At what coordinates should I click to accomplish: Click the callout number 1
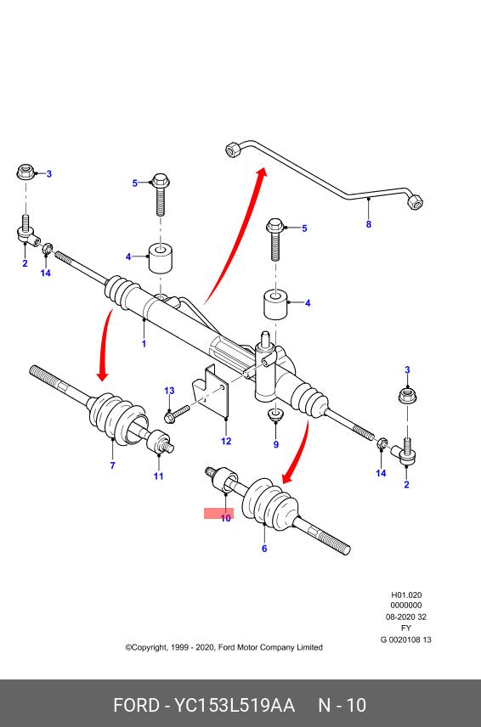[x=144, y=344]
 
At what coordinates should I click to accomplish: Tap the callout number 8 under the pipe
[x=369, y=224]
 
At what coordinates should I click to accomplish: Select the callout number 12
[x=226, y=441]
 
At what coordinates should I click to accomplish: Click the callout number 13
[x=169, y=391]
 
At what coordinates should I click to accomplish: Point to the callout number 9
[x=276, y=445]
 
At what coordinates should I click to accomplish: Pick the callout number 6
[x=264, y=549]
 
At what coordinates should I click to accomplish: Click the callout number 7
[x=112, y=465]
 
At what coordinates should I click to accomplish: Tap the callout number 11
[x=159, y=476]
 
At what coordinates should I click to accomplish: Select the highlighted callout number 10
[x=225, y=518]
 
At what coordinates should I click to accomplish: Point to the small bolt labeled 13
[x=177, y=414]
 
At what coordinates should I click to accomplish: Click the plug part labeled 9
[x=276, y=413]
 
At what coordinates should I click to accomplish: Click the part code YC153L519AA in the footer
[x=235, y=705]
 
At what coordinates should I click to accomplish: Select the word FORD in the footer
[x=136, y=705]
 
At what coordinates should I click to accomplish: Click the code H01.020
[x=406, y=595]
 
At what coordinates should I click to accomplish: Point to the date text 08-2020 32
[x=406, y=617]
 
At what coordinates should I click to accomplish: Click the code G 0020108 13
[x=406, y=640]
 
